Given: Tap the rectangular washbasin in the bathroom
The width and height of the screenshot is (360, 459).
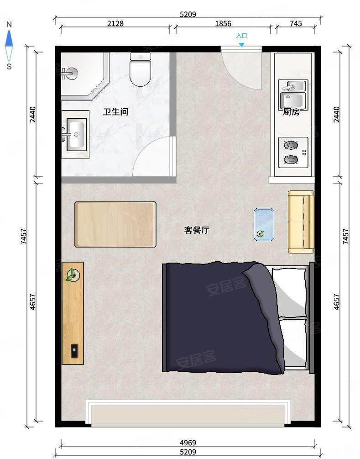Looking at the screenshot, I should [76, 133].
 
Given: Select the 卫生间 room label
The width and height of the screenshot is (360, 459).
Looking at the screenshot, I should [115, 112].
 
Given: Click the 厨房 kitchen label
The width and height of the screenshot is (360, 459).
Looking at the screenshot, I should [291, 112].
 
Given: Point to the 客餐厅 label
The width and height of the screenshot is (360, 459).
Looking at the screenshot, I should [197, 230].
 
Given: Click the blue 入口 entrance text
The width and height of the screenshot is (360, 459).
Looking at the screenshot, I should [241, 36].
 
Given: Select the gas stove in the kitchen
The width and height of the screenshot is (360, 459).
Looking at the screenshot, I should [293, 153].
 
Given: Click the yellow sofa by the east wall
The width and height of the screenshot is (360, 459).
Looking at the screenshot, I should [300, 222].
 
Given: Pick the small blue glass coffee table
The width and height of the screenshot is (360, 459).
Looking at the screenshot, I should [264, 224].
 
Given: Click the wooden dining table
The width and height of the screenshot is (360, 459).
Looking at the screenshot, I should [115, 225].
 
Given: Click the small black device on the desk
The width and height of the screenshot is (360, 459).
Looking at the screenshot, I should [73, 351].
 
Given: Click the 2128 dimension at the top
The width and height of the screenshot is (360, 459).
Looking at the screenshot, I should [115, 24].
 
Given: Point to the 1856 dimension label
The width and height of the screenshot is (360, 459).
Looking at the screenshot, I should [223, 24].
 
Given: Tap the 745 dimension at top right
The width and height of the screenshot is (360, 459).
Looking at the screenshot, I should [296, 24].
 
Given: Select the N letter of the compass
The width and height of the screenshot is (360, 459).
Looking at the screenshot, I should [9, 24].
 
